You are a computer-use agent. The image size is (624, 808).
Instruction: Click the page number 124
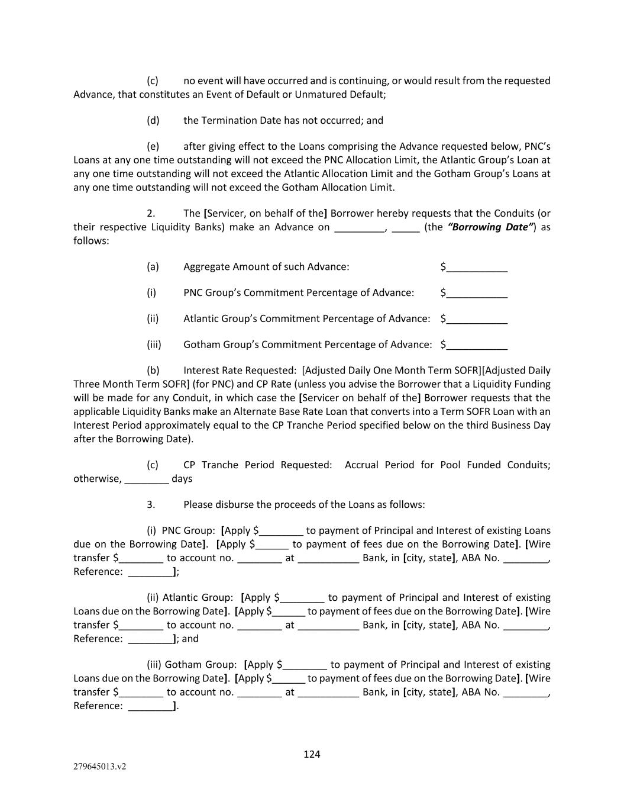(x=312, y=754)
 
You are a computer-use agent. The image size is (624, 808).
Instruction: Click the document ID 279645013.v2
(x=99, y=767)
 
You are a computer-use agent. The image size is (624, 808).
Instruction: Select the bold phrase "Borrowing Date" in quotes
(x=492, y=227)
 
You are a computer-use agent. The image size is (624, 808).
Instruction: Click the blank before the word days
(x=147, y=479)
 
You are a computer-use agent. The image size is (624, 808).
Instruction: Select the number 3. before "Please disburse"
(x=151, y=505)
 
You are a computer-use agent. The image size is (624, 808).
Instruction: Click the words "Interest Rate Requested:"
(x=240, y=371)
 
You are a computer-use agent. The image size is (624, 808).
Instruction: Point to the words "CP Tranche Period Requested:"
(x=258, y=465)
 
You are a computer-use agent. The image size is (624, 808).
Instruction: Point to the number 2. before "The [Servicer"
(x=151, y=214)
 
